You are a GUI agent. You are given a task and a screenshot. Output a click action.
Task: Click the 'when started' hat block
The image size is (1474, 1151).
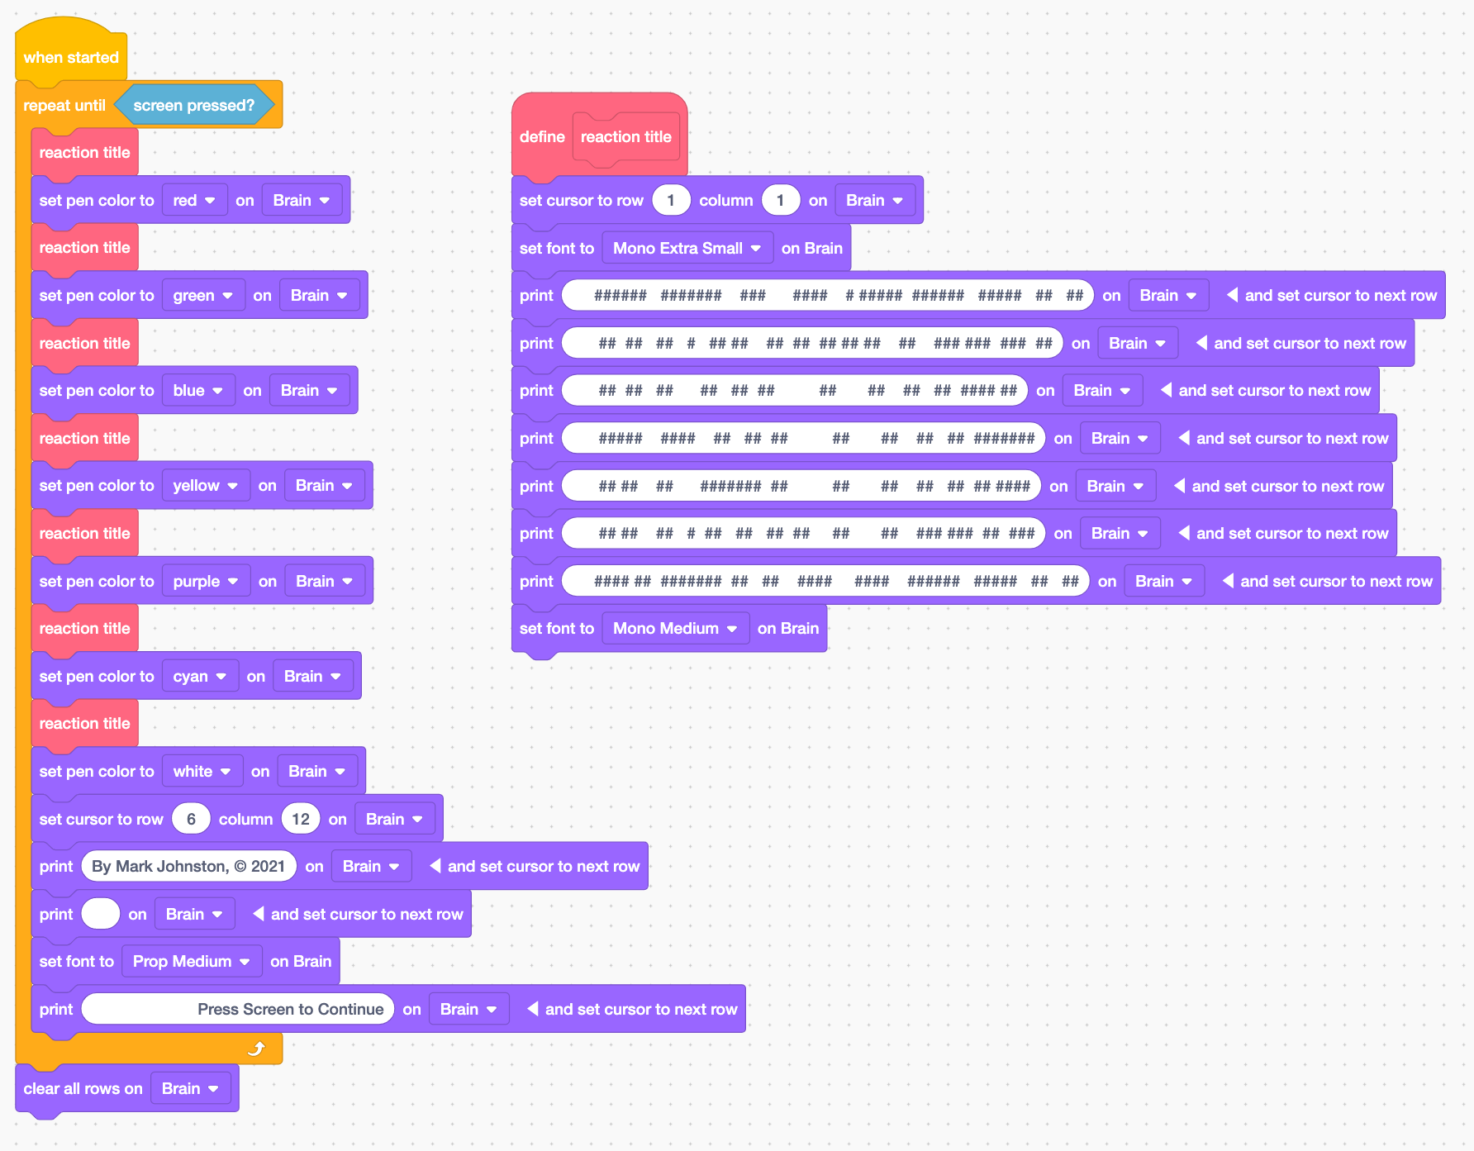(x=71, y=57)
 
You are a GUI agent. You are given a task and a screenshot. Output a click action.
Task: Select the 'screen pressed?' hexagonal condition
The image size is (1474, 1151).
(x=194, y=105)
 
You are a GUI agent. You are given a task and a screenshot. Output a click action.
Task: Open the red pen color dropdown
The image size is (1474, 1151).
(x=194, y=201)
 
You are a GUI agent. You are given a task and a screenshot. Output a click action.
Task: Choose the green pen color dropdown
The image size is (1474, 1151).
(x=203, y=296)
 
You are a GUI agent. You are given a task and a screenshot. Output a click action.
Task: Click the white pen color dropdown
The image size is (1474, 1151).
(x=202, y=772)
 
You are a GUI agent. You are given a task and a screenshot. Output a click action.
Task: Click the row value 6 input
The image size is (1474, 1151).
(x=191, y=819)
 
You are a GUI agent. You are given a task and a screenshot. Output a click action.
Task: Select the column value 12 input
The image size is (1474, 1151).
(x=301, y=819)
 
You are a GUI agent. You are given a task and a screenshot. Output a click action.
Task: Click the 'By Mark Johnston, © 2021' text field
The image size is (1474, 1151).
(x=188, y=866)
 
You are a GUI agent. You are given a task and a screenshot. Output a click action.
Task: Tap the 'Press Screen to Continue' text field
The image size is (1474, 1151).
(x=238, y=1009)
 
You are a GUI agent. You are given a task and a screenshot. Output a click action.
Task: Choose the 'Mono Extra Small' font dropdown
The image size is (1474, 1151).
(x=687, y=249)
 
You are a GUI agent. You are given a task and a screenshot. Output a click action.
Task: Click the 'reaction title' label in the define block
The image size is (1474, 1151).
(x=625, y=137)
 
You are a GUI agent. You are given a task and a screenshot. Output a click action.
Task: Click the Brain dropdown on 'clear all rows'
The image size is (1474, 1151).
(x=190, y=1089)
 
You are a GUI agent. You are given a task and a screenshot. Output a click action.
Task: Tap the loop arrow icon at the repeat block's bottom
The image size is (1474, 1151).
(x=257, y=1049)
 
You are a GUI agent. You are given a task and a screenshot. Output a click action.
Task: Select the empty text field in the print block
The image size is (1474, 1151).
(x=101, y=914)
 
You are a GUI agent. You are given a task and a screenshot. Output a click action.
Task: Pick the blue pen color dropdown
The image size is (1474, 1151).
(x=198, y=391)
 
